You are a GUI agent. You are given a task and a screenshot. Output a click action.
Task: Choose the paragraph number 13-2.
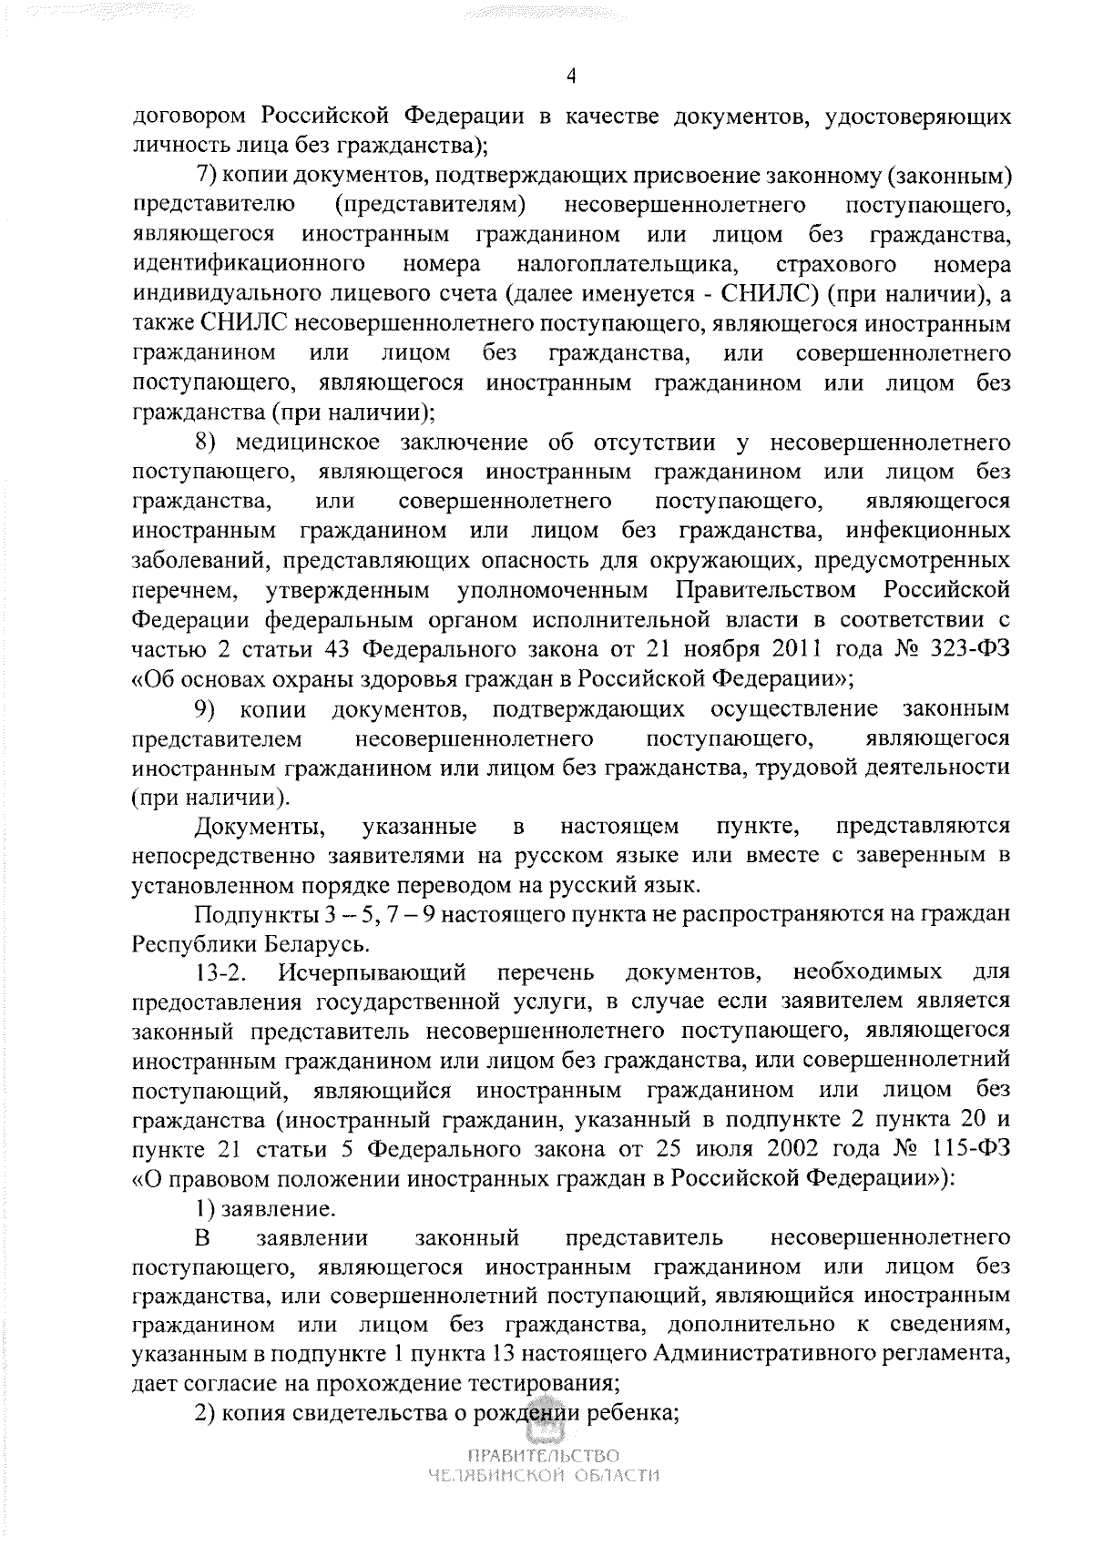coord(223,971)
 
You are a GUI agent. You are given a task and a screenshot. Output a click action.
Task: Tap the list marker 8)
coord(211,442)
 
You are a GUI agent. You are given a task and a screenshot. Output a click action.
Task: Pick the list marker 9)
coord(212,707)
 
